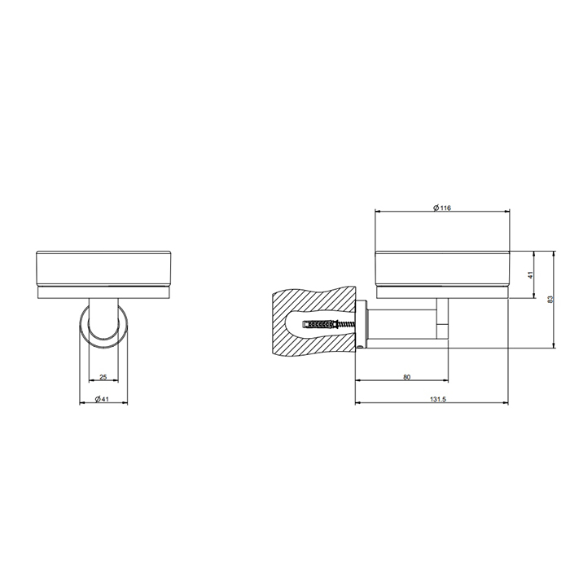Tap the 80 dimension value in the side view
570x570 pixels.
coord(406,377)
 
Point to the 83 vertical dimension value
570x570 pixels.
coord(550,299)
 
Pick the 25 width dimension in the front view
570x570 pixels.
coord(103,377)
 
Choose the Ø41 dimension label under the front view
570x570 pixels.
coord(102,398)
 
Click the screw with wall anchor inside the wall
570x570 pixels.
coord(328,325)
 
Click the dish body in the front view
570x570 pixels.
coord(103,269)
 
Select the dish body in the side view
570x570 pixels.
coord(441,269)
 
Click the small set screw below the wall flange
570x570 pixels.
coord(362,346)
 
